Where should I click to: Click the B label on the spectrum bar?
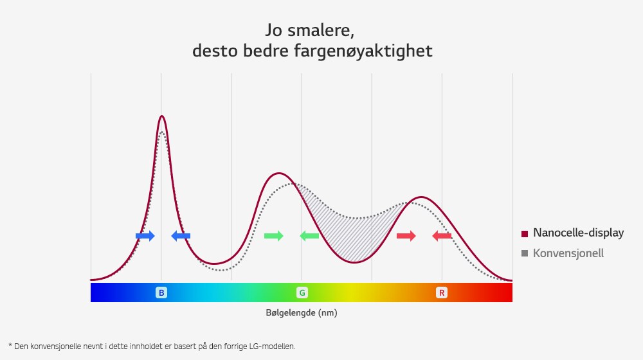(x=161, y=293)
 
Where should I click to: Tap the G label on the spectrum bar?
(x=302, y=293)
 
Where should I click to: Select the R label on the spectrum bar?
(x=442, y=293)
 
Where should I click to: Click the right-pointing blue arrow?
(x=145, y=236)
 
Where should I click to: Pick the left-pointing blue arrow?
(x=181, y=236)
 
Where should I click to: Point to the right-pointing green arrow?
(x=273, y=236)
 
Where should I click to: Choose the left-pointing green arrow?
(x=309, y=236)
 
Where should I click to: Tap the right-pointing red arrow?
(x=406, y=236)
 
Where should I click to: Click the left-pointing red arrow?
(x=442, y=236)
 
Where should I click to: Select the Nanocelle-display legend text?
(x=578, y=233)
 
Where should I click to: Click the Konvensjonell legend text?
(x=568, y=253)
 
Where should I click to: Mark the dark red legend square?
(x=525, y=233)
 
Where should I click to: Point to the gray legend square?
(x=525, y=253)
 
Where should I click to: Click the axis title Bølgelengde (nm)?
(x=301, y=313)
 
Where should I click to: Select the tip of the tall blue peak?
(x=161, y=116)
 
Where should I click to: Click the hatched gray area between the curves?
(x=350, y=231)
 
